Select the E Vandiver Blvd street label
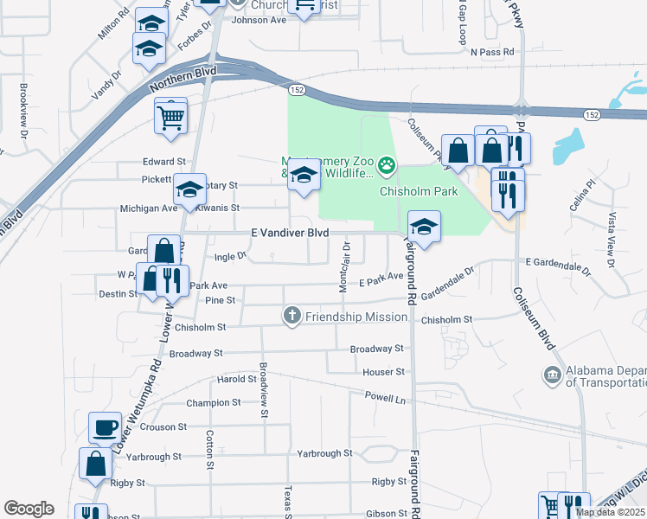coord(290,234)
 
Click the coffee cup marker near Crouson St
coord(106,428)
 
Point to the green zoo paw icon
coord(387,163)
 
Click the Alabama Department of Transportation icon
coord(552,375)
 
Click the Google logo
coord(29,509)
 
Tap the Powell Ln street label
coord(386,400)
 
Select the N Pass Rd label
coord(492,52)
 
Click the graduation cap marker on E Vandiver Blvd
coord(423,228)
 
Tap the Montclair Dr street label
coord(344,267)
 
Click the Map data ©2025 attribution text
coord(611,512)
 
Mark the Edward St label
coord(164,162)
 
